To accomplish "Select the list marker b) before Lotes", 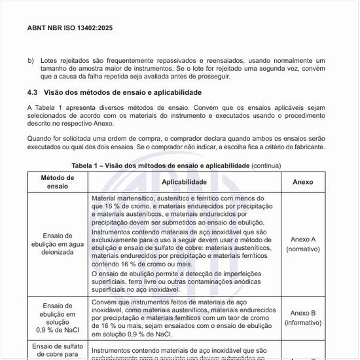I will click(31, 60).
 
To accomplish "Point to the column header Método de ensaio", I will click(58, 181).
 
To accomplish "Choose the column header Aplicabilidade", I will click(184, 181).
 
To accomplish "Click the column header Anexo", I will click(302, 181).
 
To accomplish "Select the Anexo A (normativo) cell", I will click(302, 243).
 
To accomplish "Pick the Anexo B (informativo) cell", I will click(302, 317).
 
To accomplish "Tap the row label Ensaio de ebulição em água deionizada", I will click(58, 243).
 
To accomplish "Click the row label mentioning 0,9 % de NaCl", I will click(58, 317).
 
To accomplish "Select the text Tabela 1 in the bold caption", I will click(86, 166).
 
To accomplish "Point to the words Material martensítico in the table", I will click(120, 197).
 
